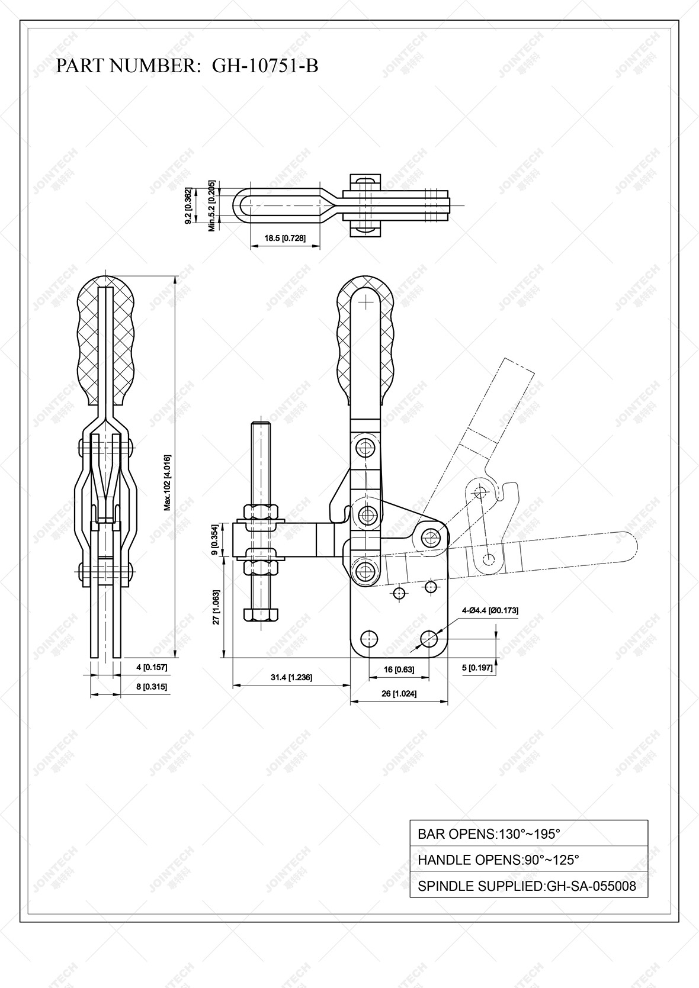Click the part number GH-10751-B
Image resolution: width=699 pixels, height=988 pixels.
point(265,66)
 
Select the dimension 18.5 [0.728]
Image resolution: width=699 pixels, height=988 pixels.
point(285,238)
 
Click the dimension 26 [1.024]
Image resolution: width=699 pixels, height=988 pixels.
point(399,693)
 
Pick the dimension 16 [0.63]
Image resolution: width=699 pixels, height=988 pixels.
point(399,670)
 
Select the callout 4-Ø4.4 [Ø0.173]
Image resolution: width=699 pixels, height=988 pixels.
point(490,610)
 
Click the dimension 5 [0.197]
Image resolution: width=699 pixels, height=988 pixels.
point(477,668)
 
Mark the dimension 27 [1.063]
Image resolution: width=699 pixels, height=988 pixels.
point(217,607)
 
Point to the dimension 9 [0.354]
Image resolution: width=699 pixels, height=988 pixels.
point(217,539)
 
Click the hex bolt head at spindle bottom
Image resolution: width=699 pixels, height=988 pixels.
point(261,613)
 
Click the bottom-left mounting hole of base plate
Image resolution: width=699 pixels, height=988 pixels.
point(370,638)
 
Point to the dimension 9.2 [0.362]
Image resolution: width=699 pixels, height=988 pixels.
point(188,205)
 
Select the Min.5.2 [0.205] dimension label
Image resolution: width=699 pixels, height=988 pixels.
point(212,205)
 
